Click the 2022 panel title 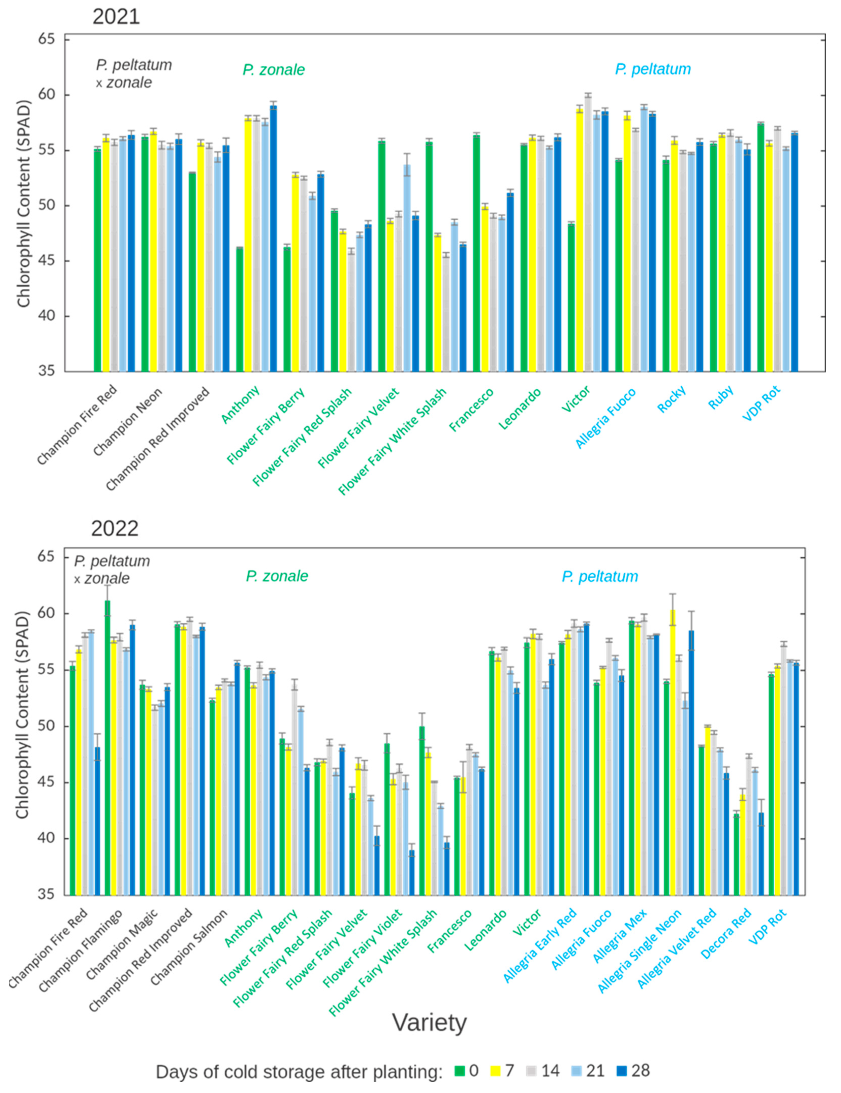click(x=115, y=528)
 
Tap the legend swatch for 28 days click(x=622, y=1071)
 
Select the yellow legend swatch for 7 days click(x=496, y=1071)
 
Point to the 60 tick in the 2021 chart click(x=46, y=95)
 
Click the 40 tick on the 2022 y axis click(x=46, y=838)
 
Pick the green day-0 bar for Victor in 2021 click(x=571, y=298)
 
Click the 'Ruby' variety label click(x=721, y=397)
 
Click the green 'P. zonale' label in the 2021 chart click(x=274, y=70)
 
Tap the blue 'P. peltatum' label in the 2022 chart click(x=600, y=577)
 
